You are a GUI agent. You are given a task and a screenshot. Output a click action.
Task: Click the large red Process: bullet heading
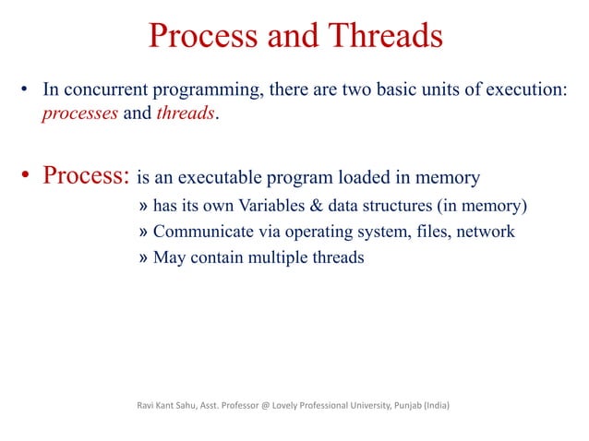coord(86,175)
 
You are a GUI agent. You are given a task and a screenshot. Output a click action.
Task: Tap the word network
coord(484,232)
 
